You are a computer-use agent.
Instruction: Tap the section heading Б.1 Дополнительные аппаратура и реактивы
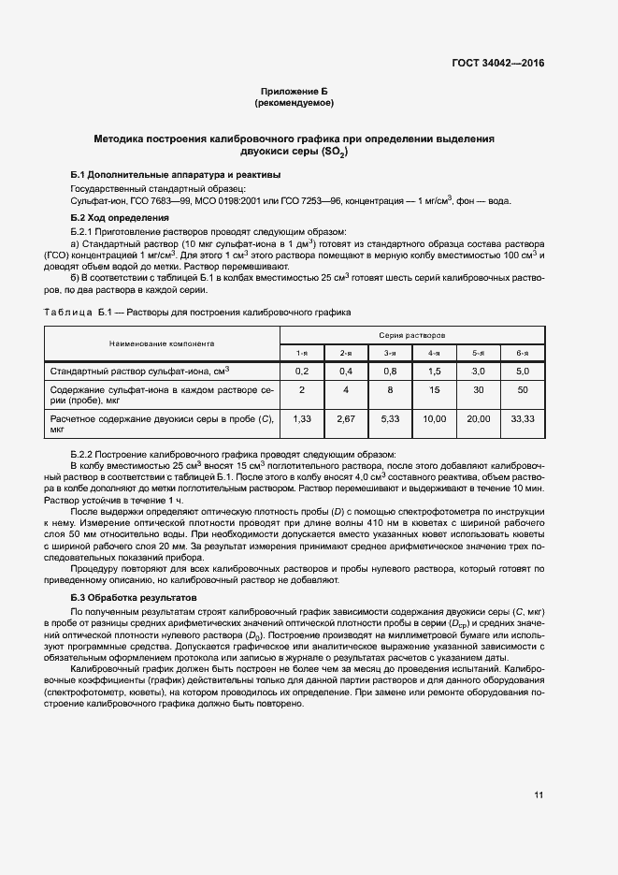click(x=175, y=175)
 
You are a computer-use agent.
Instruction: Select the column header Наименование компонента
click(x=162, y=343)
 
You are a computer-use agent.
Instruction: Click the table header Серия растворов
click(x=411, y=334)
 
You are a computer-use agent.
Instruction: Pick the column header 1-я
click(x=302, y=352)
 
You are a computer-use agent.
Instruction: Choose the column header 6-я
click(x=522, y=352)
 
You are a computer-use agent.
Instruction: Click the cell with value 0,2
click(x=302, y=372)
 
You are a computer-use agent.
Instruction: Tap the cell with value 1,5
click(x=434, y=372)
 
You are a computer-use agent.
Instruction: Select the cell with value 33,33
click(x=522, y=418)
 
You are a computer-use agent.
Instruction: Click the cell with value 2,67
click(x=346, y=418)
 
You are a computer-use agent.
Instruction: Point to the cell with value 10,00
click(x=434, y=418)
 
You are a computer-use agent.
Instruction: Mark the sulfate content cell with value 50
click(x=522, y=388)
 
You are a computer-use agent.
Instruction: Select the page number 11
click(x=539, y=795)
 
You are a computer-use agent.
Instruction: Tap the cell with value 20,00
click(x=478, y=418)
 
